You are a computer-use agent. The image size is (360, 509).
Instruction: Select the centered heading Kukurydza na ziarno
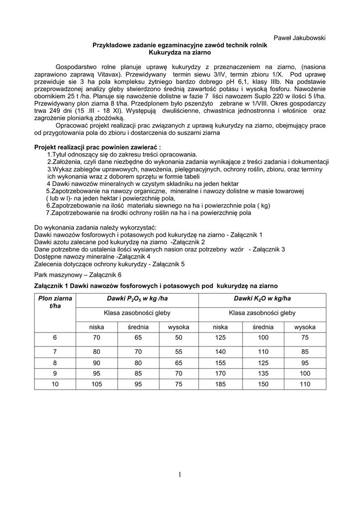(180, 52)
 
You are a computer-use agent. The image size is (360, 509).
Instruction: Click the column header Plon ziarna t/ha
(55, 302)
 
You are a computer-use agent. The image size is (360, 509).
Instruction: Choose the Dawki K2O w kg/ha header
(262, 298)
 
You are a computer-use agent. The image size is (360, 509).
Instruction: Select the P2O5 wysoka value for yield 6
(178, 338)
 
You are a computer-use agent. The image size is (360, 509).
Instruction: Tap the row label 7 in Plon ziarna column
(55, 350)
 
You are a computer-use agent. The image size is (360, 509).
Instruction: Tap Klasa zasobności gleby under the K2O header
(262, 313)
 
